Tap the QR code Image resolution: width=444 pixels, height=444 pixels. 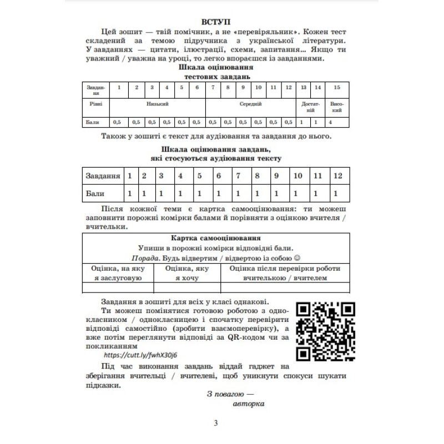pos(325,331)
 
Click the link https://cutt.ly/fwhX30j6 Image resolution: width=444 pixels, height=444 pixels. pos(144,355)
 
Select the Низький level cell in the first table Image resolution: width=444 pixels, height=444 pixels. pos(158,104)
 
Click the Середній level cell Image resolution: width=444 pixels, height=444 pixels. pos(251,104)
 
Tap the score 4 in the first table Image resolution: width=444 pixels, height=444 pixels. pos(331,122)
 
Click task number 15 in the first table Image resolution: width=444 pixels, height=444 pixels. pos(336,88)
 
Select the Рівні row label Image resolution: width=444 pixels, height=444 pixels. pos(95,104)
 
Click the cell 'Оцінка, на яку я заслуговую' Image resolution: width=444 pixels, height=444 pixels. pos(118,273)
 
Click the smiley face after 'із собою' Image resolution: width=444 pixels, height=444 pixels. pos(296,259)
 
